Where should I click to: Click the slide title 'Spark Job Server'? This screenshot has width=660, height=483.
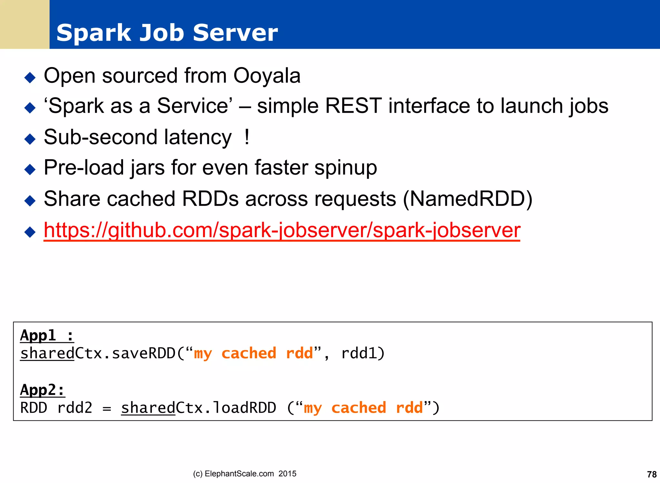click(x=167, y=33)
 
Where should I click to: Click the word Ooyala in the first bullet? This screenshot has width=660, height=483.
click(x=267, y=76)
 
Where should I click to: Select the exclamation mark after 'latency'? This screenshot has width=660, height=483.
click(x=247, y=137)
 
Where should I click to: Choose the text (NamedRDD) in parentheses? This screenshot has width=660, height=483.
click(x=468, y=199)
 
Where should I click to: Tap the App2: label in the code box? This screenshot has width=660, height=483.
click(x=43, y=390)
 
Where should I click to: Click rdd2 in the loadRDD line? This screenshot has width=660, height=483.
click(x=75, y=408)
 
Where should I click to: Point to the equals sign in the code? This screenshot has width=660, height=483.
click(x=107, y=409)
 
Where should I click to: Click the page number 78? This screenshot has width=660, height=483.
click(x=652, y=474)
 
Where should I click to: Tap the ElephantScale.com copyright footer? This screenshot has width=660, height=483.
click(x=245, y=474)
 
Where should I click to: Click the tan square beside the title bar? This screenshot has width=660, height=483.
click(x=24, y=24)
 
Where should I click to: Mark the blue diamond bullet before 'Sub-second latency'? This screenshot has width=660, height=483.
click(x=30, y=139)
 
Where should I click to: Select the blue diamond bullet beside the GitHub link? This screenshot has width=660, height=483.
click(x=30, y=232)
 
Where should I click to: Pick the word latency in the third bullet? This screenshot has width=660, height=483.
click(x=198, y=137)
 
